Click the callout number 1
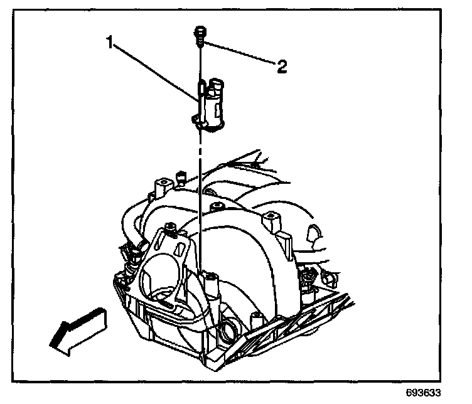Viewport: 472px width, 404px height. click(x=110, y=43)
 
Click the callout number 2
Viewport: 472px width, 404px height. click(x=282, y=66)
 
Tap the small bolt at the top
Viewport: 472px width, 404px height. click(x=198, y=35)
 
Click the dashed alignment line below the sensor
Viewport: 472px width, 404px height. click(x=199, y=188)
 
